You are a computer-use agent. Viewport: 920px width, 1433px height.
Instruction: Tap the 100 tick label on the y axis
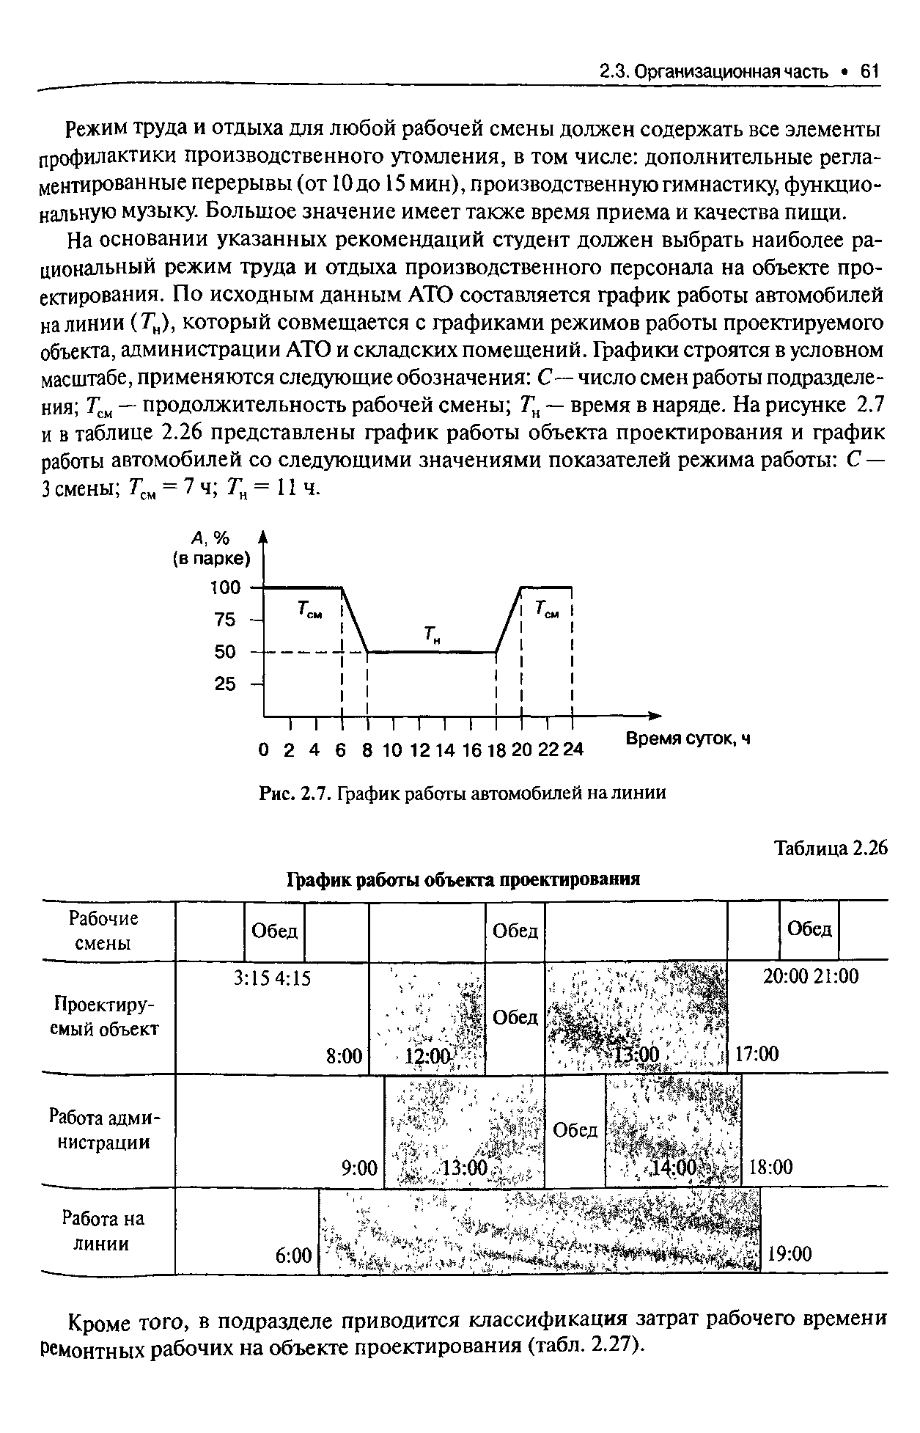tap(225, 587)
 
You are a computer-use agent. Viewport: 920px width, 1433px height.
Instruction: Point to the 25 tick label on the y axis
tap(225, 683)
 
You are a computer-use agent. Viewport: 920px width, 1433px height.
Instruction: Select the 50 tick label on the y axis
tap(225, 651)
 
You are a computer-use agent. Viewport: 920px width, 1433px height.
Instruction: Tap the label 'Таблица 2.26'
tap(831, 848)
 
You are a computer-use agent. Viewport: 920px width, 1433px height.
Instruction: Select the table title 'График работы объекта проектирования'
tap(463, 879)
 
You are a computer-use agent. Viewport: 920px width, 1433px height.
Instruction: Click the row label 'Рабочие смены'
tap(103, 931)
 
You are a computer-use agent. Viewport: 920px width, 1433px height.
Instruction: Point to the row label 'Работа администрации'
tap(103, 1130)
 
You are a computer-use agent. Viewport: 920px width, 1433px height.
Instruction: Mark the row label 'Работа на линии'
tap(103, 1231)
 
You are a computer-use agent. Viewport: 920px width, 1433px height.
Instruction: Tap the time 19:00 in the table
tap(790, 1254)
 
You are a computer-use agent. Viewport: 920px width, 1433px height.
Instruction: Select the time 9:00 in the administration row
tap(359, 1167)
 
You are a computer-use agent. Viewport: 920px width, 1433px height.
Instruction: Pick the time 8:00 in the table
tap(345, 1055)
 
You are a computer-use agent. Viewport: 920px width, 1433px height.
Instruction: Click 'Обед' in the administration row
tap(575, 1130)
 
